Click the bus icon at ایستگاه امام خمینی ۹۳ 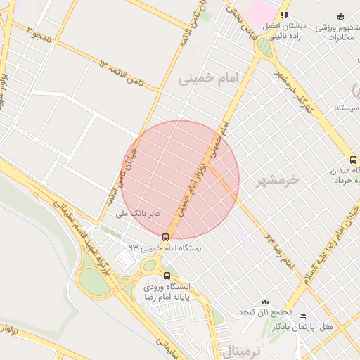point(165,237)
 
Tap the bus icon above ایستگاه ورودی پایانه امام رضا point(167,276)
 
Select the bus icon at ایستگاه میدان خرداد point(353,160)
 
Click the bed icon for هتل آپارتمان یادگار point(303,316)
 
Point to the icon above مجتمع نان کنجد point(265,301)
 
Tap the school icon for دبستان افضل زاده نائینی point(284,15)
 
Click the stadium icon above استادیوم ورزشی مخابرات point(341,16)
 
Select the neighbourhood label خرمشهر point(278,179)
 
